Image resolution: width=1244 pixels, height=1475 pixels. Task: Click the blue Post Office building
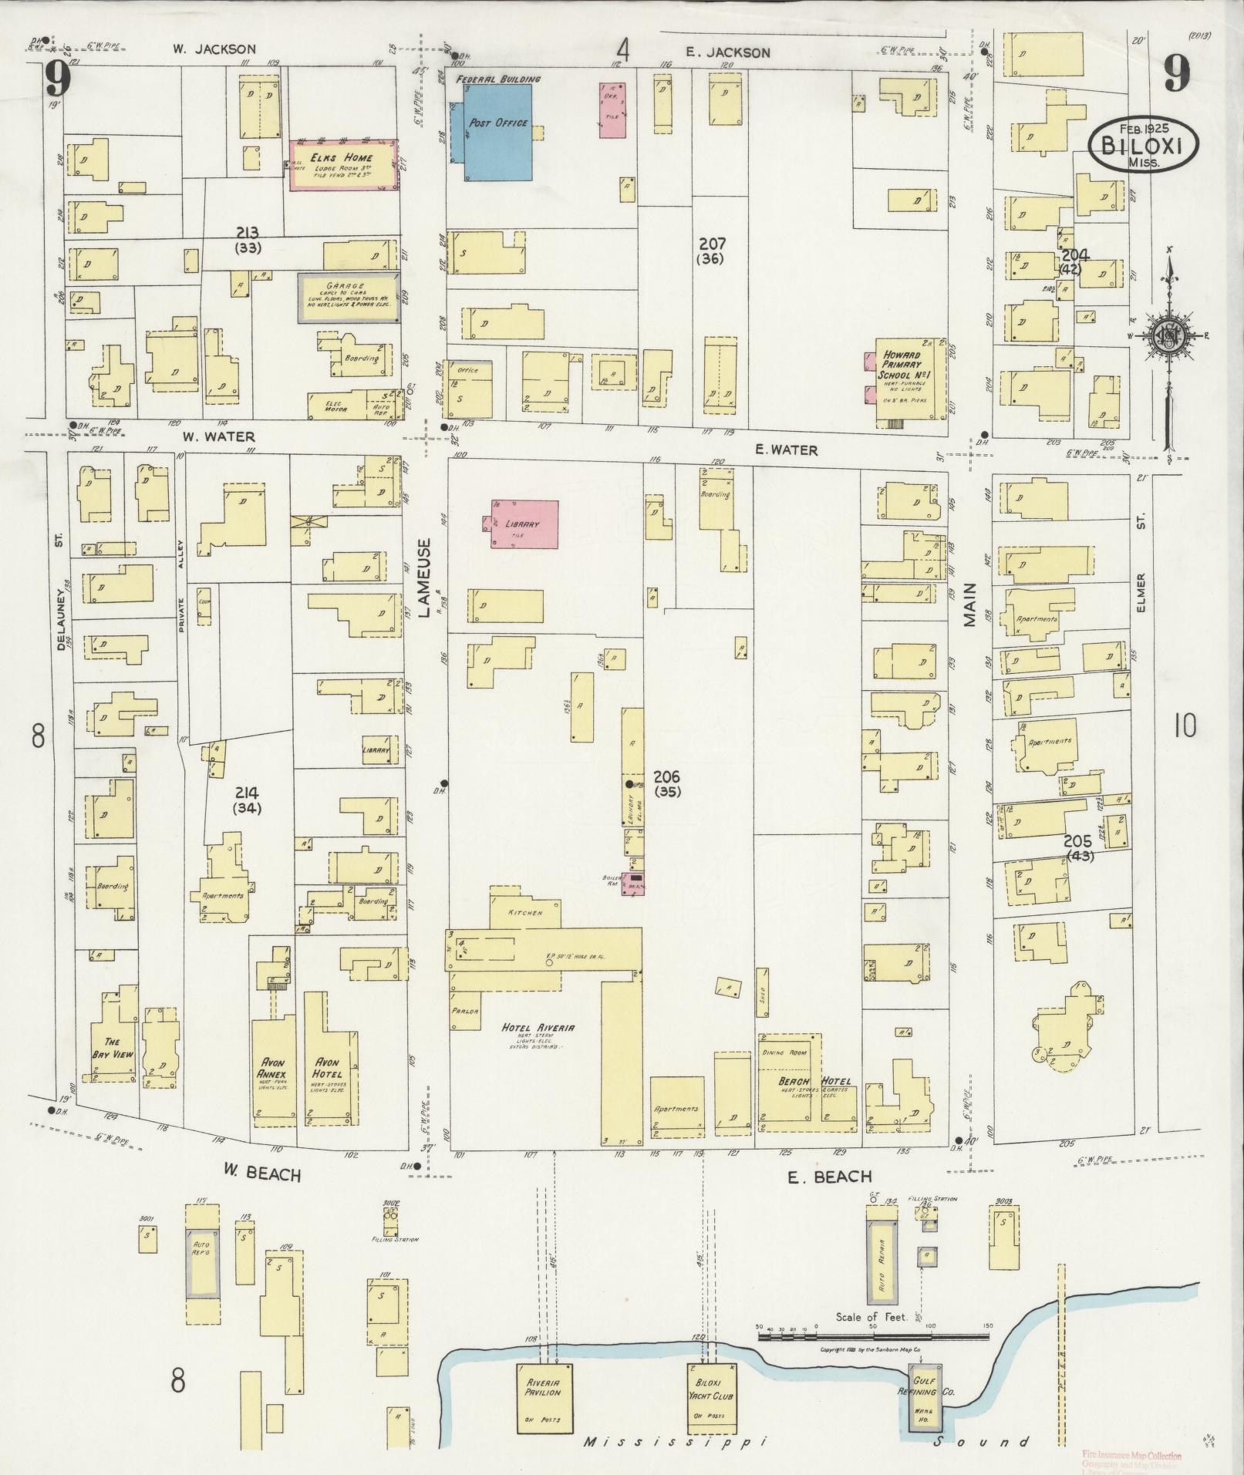(x=497, y=131)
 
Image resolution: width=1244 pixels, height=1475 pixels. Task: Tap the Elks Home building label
(x=342, y=157)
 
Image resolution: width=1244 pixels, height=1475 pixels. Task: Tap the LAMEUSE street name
(x=425, y=578)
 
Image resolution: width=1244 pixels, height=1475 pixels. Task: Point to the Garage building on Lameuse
(x=349, y=297)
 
